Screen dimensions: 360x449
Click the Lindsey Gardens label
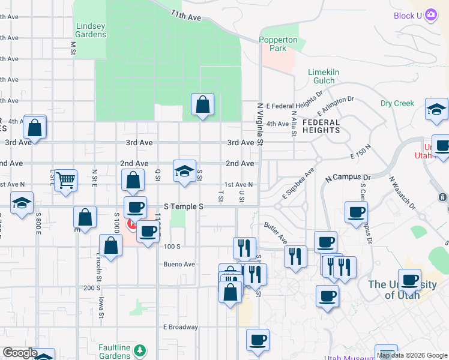click(x=91, y=29)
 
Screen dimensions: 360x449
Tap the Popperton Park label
click(x=278, y=44)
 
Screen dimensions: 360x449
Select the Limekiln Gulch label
click(x=324, y=76)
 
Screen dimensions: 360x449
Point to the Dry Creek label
click(x=397, y=103)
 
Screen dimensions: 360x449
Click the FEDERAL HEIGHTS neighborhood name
click(x=321, y=126)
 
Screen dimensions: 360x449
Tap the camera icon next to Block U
click(x=430, y=15)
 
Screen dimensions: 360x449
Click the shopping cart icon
click(x=65, y=179)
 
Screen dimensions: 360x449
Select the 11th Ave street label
click(x=185, y=16)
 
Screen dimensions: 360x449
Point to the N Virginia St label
click(x=261, y=124)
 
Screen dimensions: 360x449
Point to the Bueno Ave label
click(x=179, y=264)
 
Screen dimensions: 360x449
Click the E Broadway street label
click(x=180, y=327)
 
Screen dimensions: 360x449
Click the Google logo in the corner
click(x=20, y=353)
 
